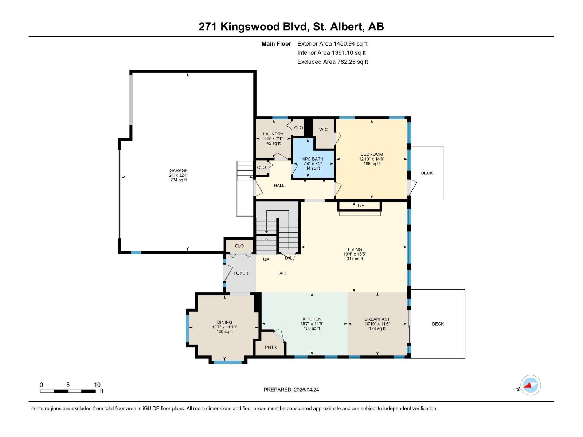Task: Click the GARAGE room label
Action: pyautogui.click(x=179, y=170)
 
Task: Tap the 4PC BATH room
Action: pyautogui.click(x=313, y=163)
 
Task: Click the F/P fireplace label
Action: pyautogui.click(x=361, y=205)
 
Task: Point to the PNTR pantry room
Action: pyautogui.click(x=271, y=347)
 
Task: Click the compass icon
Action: pyautogui.click(x=531, y=385)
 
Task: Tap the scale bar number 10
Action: pyautogui.click(x=97, y=385)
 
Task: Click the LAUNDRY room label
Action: pyautogui.click(x=273, y=134)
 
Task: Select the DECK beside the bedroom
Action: pyautogui.click(x=427, y=173)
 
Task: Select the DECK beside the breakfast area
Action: pyautogui.click(x=438, y=324)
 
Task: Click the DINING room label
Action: pyautogui.click(x=224, y=322)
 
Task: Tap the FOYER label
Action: pyautogui.click(x=241, y=273)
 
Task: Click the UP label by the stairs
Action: pyautogui.click(x=266, y=259)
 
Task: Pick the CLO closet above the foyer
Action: pyautogui.click(x=239, y=246)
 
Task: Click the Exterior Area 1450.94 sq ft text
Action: pyautogui.click(x=332, y=43)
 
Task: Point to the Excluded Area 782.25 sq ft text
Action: pyautogui.click(x=332, y=62)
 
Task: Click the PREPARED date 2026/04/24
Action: pyautogui.click(x=291, y=390)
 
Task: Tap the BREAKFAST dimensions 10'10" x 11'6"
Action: pyautogui.click(x=377, y=324)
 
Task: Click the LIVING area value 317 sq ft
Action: pyautogui.click(x=355, y=259)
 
